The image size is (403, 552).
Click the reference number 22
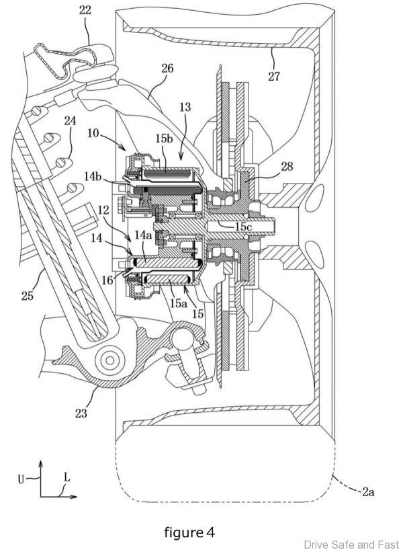[85, 11]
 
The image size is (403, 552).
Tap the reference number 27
[274, 76]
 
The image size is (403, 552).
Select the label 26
[167, 68]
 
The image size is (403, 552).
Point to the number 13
[185, 107]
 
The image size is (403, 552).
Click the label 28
[287, 166]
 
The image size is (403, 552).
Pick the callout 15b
[165, 139]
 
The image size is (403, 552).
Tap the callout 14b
[93, 175]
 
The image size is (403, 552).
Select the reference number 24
[70, 121]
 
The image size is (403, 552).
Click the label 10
[93, 134]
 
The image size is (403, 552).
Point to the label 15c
[243, 227]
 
